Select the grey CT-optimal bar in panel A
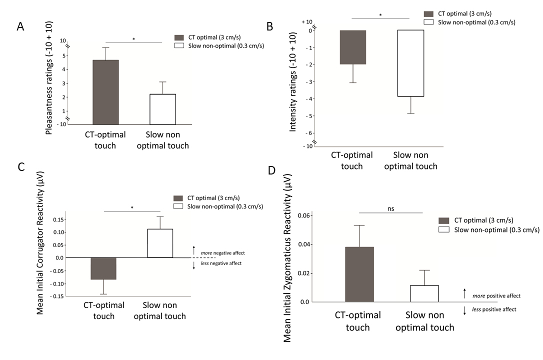[105, 92]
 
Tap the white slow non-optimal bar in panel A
[162, 108]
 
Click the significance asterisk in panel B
[380, 15]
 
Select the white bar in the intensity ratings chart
[411, 63]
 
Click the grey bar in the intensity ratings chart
[353, 47]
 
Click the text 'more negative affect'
[222, 253]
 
